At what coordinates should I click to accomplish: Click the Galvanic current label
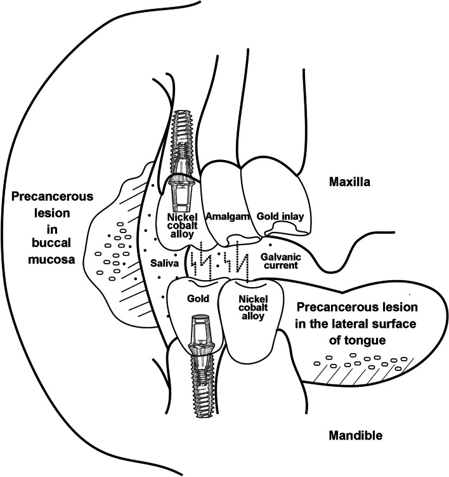tap(280, 261)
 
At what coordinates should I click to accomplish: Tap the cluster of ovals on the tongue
tap(361, 366)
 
